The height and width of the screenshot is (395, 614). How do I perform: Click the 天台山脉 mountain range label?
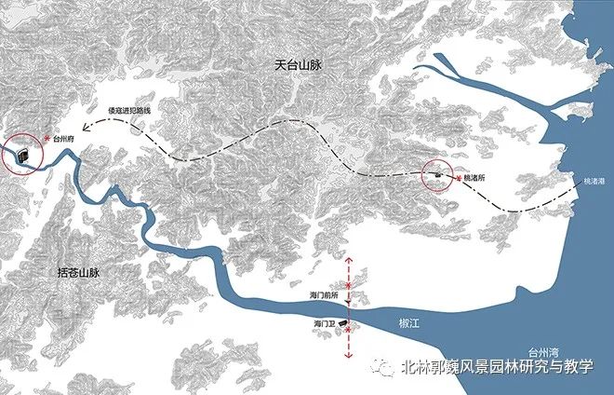click(x=300, y=65)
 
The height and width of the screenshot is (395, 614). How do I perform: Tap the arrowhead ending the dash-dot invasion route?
click(x=84, y=131)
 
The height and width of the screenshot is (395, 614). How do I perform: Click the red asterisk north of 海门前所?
click(x=349, y=282)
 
